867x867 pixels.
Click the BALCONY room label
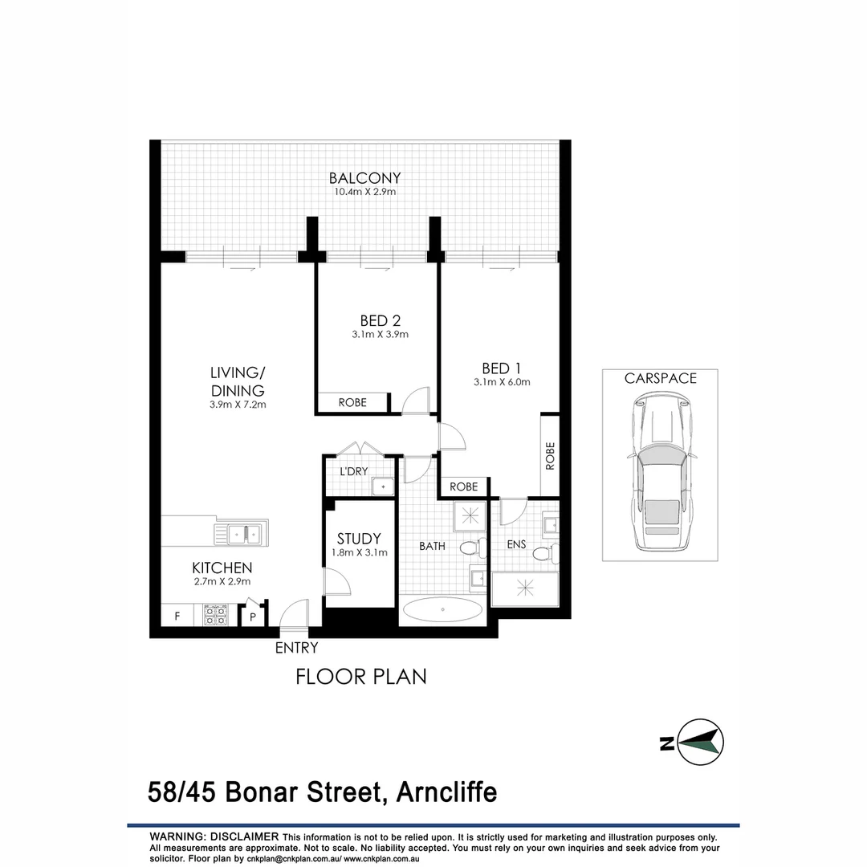[364, 177]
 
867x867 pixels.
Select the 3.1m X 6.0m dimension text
[502, 382]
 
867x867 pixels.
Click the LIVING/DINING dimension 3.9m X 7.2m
[237, 405]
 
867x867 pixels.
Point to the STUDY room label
[359, 539]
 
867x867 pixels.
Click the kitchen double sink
[241, 533]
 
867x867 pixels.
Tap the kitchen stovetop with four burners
[216, 615]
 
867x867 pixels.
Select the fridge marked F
[177, 617]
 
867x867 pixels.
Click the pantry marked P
[252, 617]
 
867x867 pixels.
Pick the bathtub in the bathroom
[442, 611]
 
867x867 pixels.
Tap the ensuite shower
[526, 588]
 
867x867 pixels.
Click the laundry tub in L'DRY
[383, 485]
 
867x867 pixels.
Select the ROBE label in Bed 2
[352, 402]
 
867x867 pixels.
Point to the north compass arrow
[699, 743]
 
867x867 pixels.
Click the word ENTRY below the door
[296, 648]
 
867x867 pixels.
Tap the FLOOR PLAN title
[360, 676]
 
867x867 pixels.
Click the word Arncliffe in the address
[446, 793]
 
